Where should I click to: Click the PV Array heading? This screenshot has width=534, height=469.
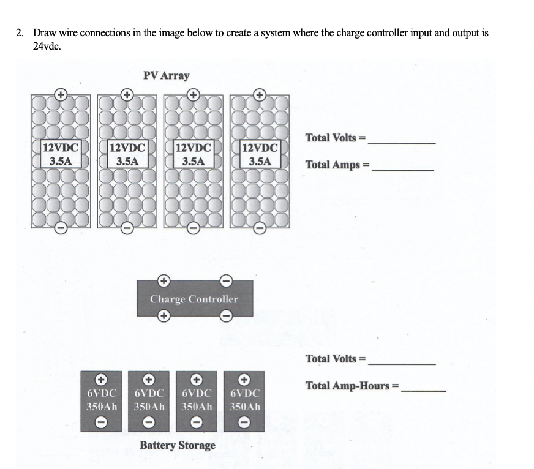coord(166,76)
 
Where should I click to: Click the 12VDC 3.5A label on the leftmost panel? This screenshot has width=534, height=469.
coord(60,154)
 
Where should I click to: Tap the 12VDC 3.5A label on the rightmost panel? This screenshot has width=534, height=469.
coord(260,154)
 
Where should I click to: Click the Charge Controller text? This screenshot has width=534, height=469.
coord(194,299)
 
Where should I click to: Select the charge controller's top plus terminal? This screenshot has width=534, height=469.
coord(164,280)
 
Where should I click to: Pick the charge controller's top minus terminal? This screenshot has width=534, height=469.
coord(225,280)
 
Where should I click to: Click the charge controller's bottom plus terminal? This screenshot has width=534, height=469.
coord(164,316)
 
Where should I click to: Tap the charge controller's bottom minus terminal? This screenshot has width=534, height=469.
coord(225,316)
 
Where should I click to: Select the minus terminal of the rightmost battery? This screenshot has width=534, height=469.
coord(244,422)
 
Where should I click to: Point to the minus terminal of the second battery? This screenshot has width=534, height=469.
coord(149,422)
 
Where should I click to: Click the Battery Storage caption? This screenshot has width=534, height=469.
coord(178,445)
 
